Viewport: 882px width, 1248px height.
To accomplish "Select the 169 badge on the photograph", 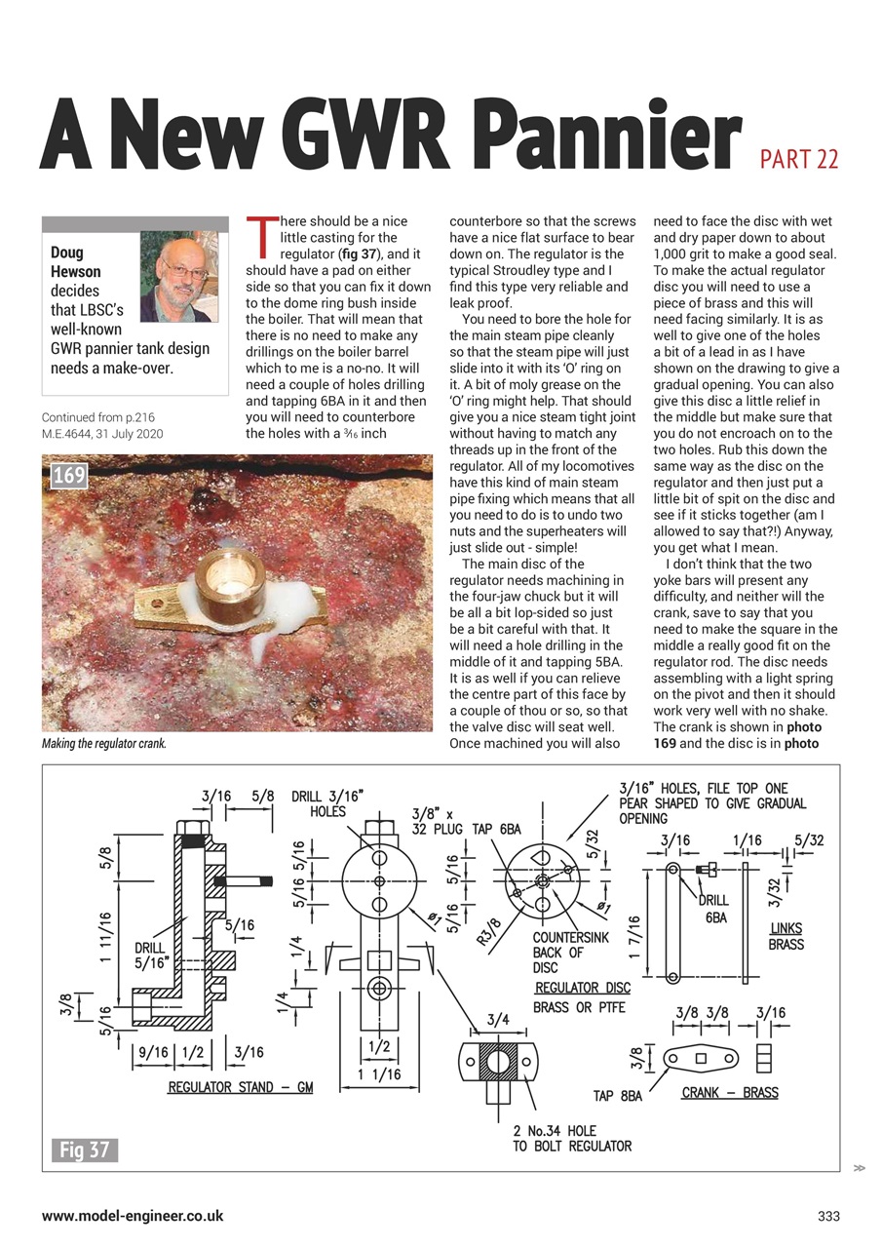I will click(68, 477).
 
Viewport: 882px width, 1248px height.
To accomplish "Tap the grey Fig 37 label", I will click(85, 1150).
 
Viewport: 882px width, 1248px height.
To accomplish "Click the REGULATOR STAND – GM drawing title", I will click(241, 1087).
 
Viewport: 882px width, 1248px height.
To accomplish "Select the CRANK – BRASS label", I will click(730, 1092).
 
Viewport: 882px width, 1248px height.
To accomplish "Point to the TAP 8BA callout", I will click(618, 1096).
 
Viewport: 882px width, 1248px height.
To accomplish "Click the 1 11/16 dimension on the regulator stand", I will click(104, 936).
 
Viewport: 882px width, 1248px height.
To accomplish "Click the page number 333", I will click(828, 1216).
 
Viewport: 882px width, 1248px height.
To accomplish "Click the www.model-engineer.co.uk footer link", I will click(133, 1216).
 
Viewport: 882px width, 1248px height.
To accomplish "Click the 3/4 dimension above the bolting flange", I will click(497, 1020).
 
